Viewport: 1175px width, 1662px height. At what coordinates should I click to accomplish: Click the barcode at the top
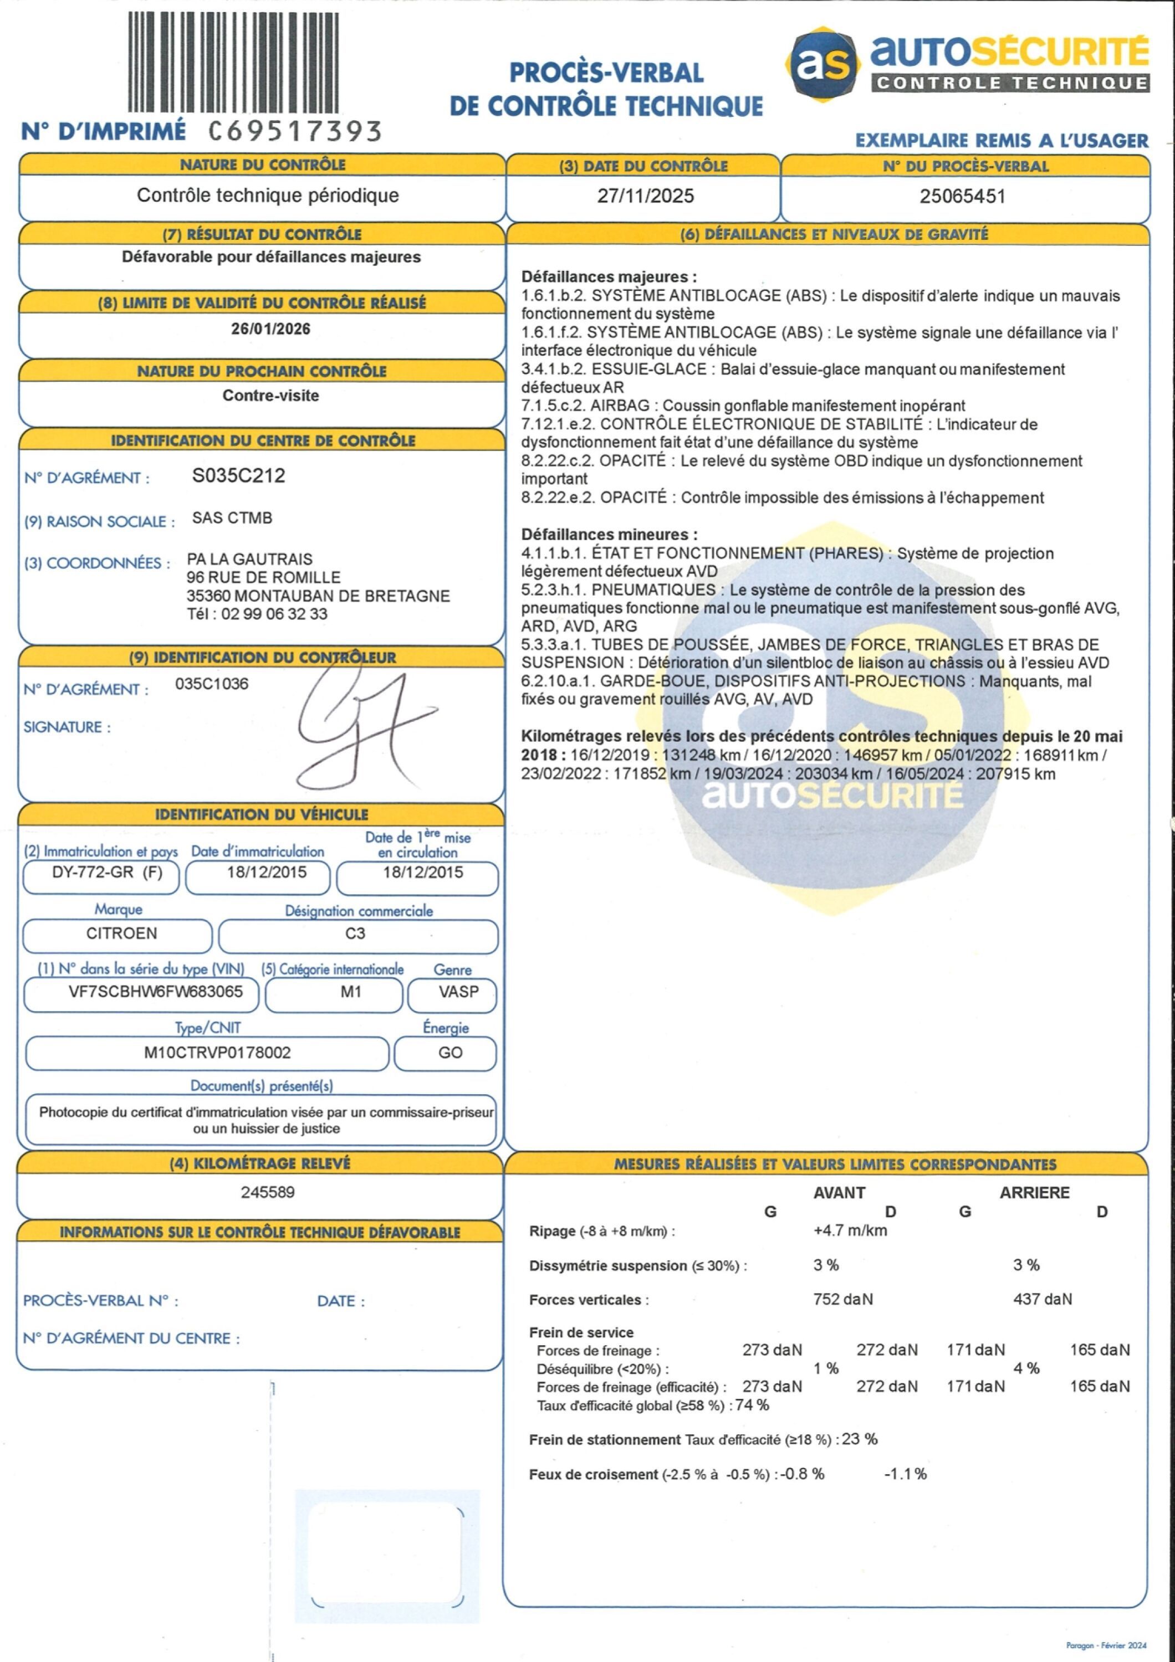click(x=233, y=61)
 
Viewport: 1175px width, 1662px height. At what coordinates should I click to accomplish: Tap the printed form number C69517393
click(x=295, y=131)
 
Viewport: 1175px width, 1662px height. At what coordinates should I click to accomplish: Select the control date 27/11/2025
click(x=645, y=196)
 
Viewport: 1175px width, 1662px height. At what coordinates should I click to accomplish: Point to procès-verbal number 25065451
click(x=962, y=196)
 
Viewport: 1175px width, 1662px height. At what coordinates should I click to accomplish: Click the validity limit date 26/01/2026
click(x=271, y=329)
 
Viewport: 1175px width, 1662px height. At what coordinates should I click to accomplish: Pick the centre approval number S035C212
click(x=238, y=475)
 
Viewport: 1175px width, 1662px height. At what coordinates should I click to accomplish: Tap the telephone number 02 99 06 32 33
click(x=274, y=614)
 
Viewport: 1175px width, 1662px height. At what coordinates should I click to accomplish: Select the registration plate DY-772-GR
click(x=93, y=872)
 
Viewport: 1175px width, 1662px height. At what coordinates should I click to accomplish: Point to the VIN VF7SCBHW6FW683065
click(x=156, y=992)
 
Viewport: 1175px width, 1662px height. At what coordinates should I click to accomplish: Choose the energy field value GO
click(x=449, y=1053)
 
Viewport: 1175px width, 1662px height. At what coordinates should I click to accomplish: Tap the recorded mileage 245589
click(x=268, y=1192)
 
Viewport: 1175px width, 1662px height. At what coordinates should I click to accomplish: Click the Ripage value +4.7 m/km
click(x=850, y=1230)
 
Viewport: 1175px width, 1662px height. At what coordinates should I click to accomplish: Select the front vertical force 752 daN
click(x=842, y=1299)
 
